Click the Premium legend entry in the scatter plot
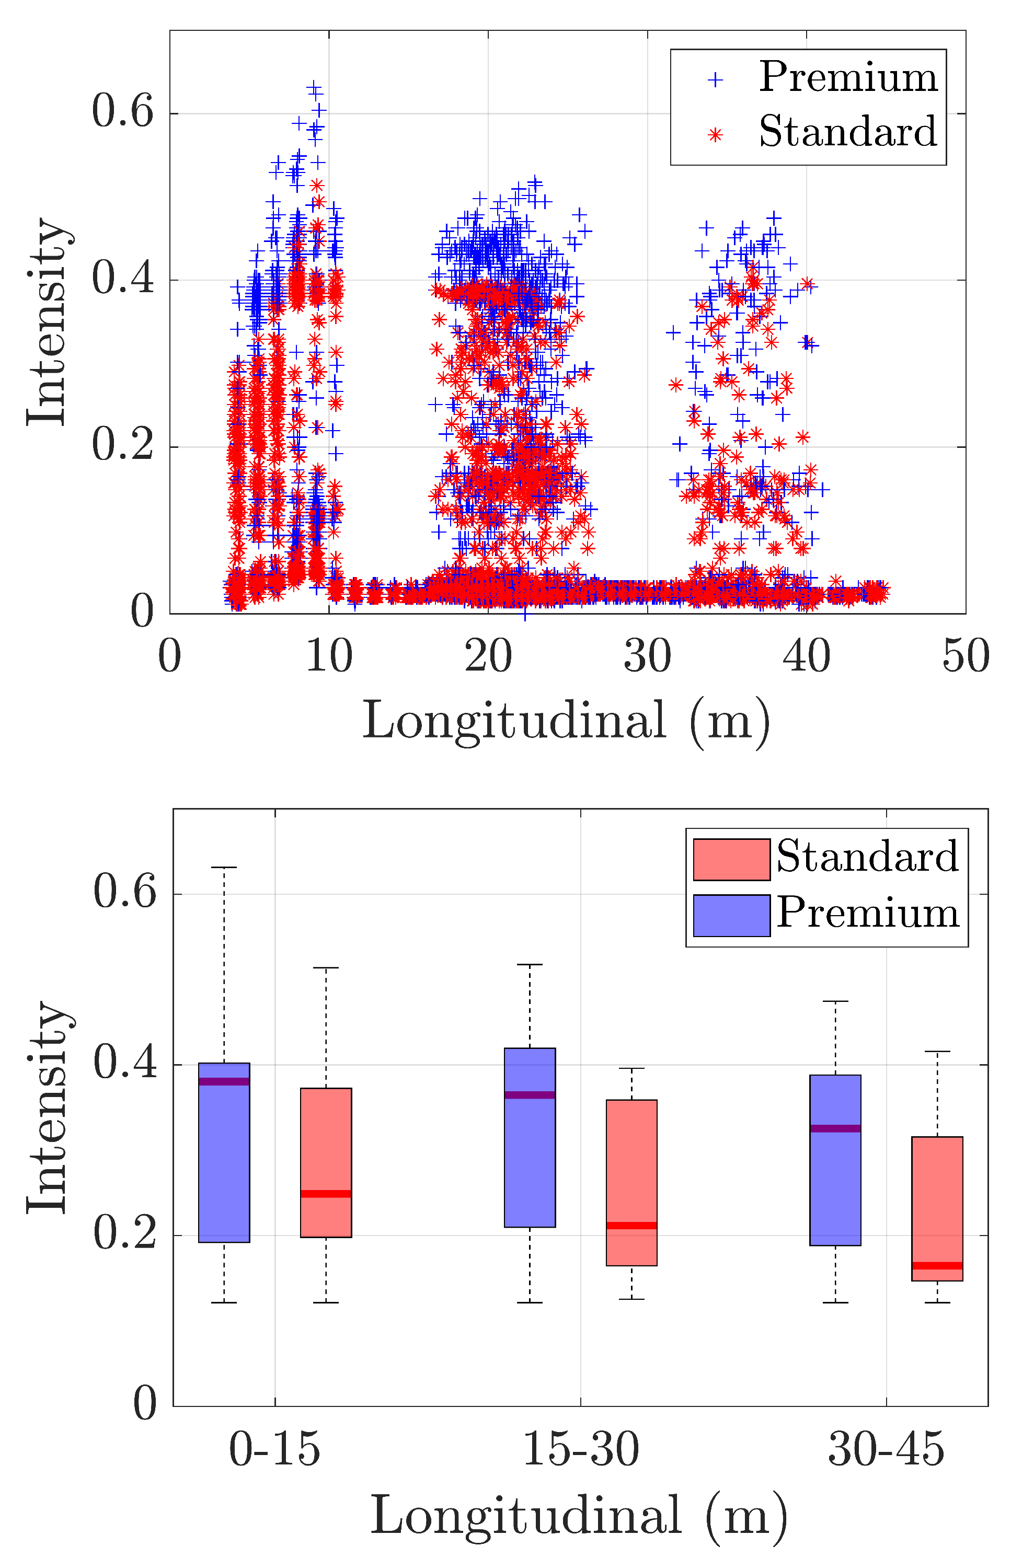(x=847, y=78)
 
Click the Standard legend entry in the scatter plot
(x=847, y=132)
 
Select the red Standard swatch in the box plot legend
(x=731, y=860)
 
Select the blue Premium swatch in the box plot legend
(x=731, y=915)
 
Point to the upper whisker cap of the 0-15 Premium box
(x=224, y=868)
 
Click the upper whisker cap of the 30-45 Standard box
(x=937, y=1052)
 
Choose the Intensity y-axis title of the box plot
(x=47, y=1106)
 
